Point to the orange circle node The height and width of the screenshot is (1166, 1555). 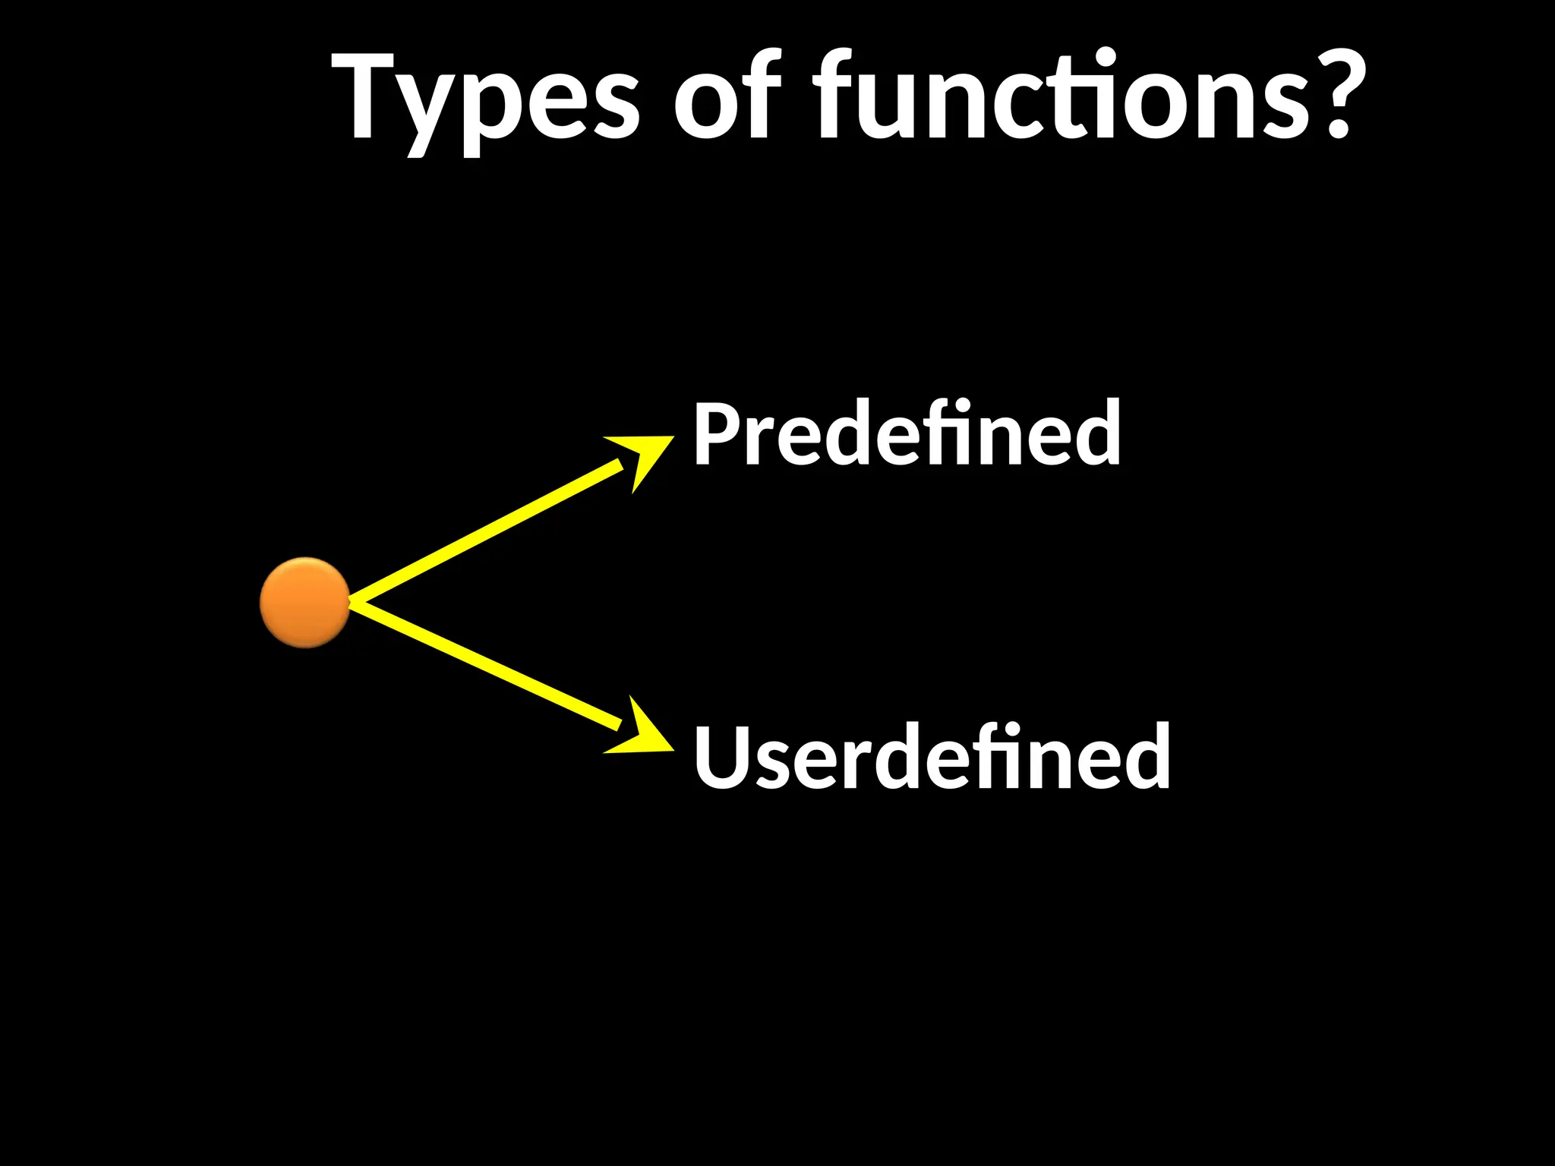(304, 603)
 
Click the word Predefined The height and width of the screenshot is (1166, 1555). (907, 434)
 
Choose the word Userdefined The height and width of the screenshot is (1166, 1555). (932, 758)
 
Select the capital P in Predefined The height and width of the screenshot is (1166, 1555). (714, 434)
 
